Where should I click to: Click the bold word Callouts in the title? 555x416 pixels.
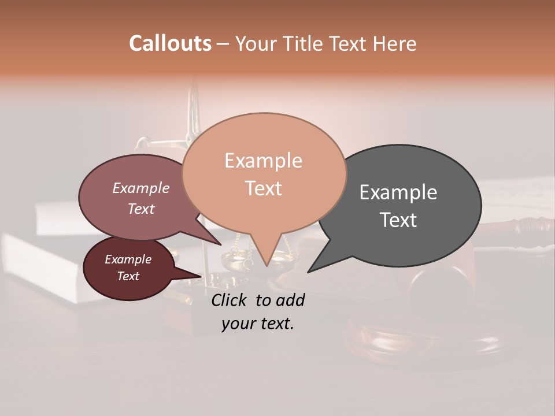170,43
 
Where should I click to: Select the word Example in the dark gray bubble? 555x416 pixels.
398,192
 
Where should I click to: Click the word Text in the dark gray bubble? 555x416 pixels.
398,220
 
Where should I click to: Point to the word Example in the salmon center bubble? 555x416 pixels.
263,161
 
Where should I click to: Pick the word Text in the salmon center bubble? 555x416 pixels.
263,188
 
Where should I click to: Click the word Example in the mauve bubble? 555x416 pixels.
140,188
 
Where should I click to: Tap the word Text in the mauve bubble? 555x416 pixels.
140,209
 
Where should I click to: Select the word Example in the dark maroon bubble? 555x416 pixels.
128,259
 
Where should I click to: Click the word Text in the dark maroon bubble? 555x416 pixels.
128,276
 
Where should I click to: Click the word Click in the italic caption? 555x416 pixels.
231,300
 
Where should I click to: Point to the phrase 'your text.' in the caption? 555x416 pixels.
257,324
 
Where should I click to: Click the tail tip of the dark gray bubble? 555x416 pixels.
308,272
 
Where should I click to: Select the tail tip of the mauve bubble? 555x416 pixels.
220,244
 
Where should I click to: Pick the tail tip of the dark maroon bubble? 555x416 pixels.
202,276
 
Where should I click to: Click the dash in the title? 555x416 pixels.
223,43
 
